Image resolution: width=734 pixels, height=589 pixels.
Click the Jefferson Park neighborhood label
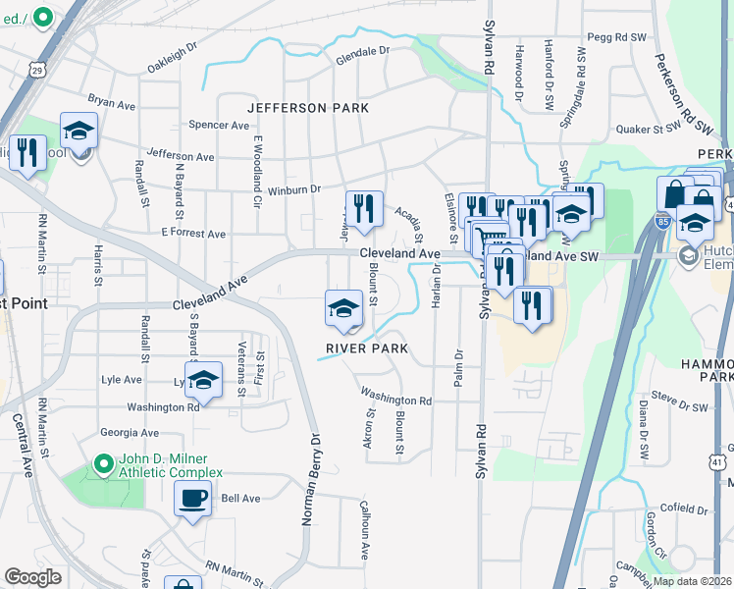click(x=308, y=107)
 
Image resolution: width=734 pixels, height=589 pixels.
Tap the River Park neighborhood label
click(x=368, y=348)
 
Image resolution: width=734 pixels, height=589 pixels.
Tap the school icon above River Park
click(x=343, y=308)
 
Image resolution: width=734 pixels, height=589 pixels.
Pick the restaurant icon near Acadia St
click(x=364, y=208)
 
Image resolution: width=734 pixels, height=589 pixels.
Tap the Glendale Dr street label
click(x=363, y=50)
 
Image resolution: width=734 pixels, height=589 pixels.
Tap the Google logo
click(x=32, y=577)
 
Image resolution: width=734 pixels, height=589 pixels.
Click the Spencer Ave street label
click(x=220, y=126)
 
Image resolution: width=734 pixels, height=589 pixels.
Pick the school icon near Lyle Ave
click(x=203, y=381)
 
